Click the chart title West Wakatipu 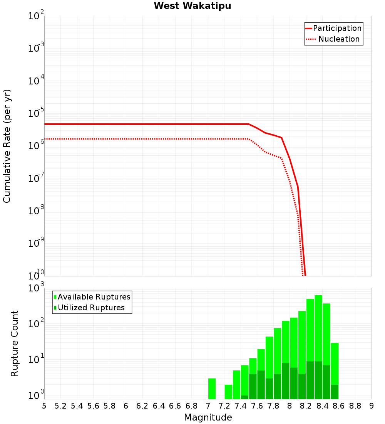[192, 6]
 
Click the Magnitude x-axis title [208, 417]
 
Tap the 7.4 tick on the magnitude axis [241, 406]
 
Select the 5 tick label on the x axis [44, 406]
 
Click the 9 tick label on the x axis [372, 406]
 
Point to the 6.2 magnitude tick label [142, 406]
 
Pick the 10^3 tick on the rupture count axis [37, 288]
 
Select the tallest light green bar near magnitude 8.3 [318, 328]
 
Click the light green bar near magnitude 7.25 [228, 392]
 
